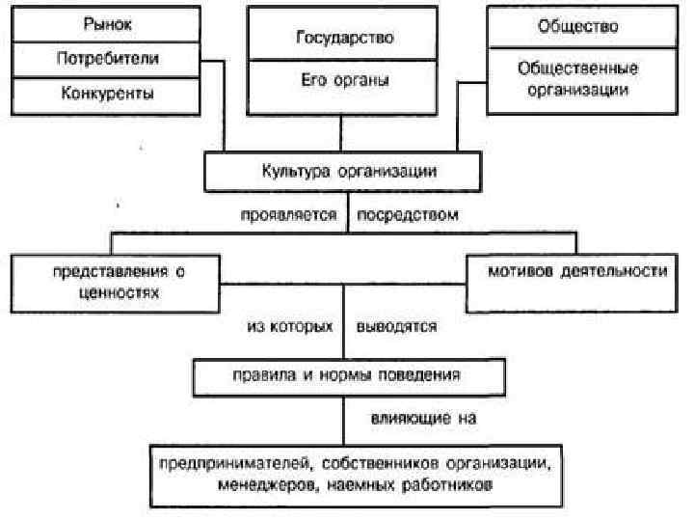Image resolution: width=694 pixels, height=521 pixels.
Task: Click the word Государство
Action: (345, 39)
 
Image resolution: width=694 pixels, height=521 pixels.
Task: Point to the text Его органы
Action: (345, 81)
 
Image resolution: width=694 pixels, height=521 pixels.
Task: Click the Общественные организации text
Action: (577, 79)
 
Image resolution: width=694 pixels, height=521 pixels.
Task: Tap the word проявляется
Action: (288, 215)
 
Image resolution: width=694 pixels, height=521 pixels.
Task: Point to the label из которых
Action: (291, 326)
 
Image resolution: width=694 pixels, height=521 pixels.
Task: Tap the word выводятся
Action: (396, 326)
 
